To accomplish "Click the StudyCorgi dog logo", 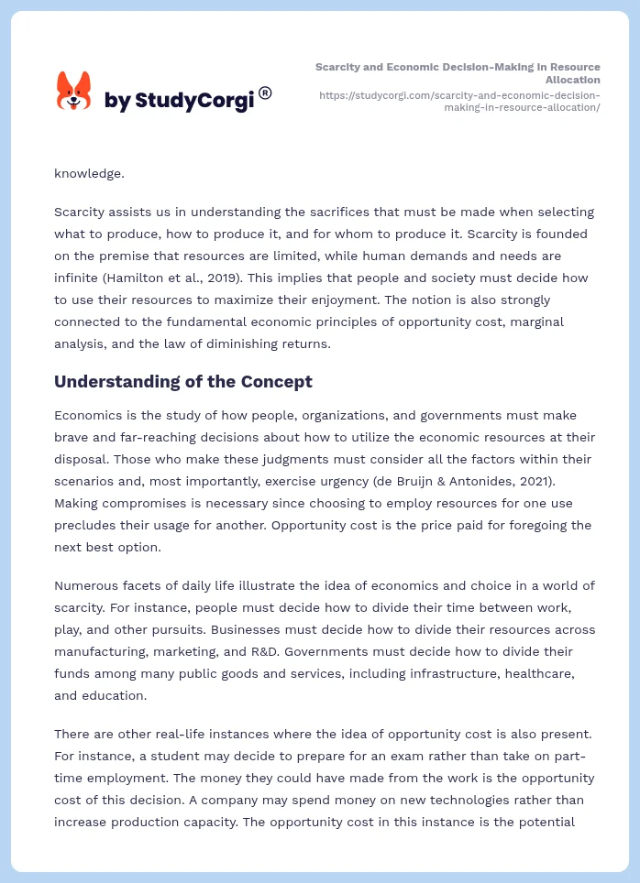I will click(74, 92).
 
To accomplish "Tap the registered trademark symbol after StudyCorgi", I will click(265, 93).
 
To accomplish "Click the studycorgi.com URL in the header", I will click(459, 101).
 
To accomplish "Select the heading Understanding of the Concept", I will click(183, 382).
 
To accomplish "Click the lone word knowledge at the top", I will click(89, 172).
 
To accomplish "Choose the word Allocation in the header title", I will click(573, 81).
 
